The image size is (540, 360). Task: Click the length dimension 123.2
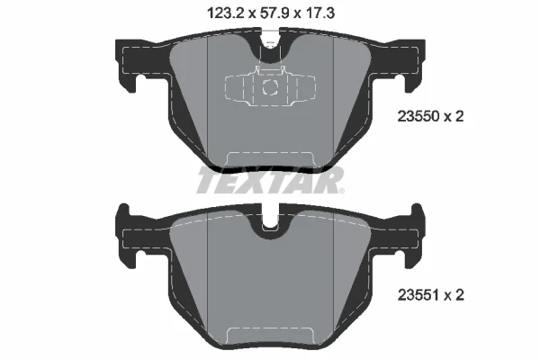click(x=213, y=13)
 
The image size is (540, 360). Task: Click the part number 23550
click(x=417, y=115)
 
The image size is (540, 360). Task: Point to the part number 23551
click(x=417, y=293)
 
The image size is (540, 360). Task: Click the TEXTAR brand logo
click(x=270, y=182)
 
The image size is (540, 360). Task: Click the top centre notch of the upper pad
click(x=269, y=41)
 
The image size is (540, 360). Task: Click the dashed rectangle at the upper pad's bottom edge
click(x=269, y=159)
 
